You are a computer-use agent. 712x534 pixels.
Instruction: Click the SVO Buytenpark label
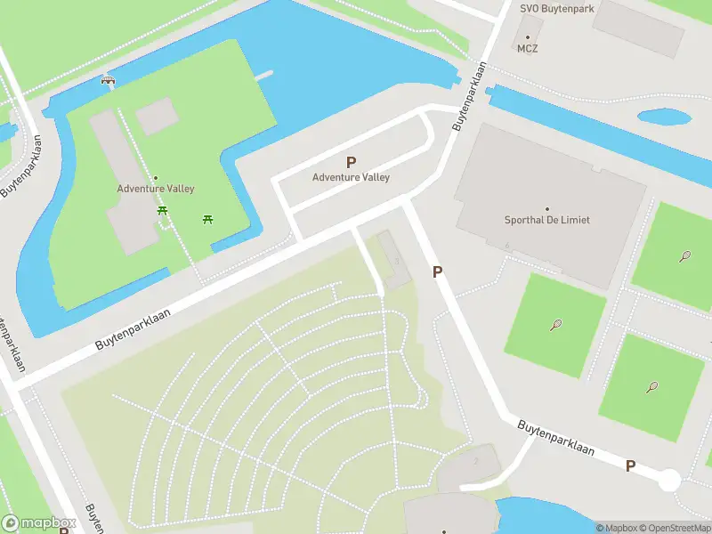[x=558, y=8]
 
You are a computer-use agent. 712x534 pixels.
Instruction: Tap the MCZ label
[x=528, y=49]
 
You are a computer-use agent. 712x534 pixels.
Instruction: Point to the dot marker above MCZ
[x=528, y=37]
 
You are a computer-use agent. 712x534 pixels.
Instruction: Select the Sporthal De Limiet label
[x=546, y=220]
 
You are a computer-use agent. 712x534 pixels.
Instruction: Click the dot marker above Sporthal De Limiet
[x=546, y=208]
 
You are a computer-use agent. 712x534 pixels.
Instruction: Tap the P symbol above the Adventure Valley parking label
[x=351, y=162]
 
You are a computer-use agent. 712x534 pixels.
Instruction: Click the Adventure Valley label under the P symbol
[x=351, y=177]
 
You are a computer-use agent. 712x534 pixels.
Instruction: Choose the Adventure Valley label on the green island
[x=156, y=189]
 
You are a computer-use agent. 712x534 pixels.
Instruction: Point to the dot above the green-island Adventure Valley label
[x=155, y=177]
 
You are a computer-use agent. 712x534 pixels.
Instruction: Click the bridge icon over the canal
[x=109, y=79]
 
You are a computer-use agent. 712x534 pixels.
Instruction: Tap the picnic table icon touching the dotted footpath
[x=163, y=211]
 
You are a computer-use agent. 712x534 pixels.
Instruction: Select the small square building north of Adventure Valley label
[x=156, y=116]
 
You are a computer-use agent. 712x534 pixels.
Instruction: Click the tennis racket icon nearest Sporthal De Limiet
[x=556, y=324]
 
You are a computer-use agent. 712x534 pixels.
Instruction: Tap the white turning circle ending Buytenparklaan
[x=668, y=481]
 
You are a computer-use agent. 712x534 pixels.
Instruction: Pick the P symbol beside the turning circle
[x=630, y=465]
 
